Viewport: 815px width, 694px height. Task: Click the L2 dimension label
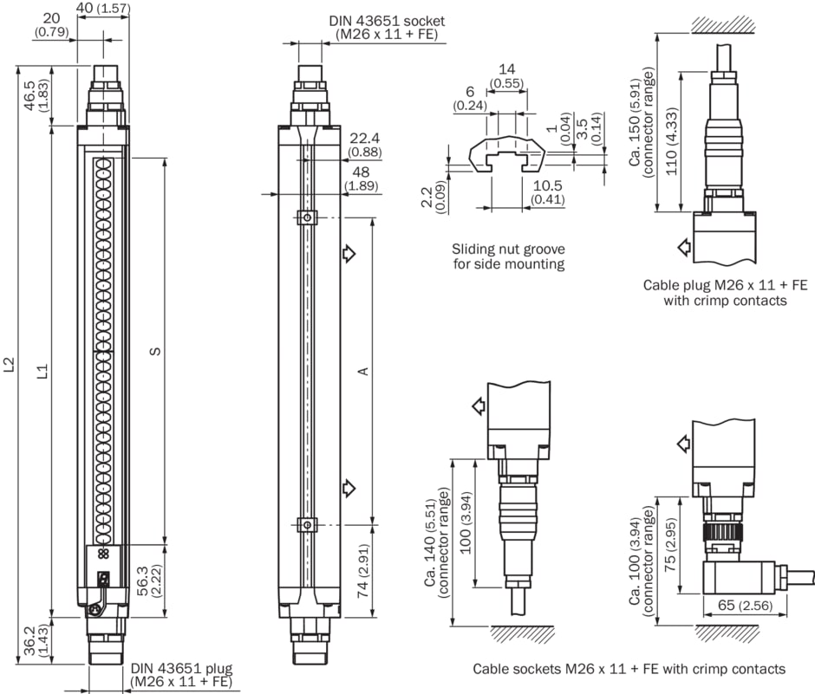click(10, 365)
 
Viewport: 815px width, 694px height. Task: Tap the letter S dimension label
click(154, 351)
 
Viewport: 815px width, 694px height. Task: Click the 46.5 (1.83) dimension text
click(36, 95)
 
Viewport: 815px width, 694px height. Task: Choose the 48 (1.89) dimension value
click(360, 178)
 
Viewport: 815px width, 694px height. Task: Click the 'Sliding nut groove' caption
click(508, 248)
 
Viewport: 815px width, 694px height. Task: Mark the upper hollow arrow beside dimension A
click(349, 254)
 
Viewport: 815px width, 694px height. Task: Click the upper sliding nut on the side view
click(304, 217)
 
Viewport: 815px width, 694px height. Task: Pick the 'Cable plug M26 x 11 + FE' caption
click(725, 284)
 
